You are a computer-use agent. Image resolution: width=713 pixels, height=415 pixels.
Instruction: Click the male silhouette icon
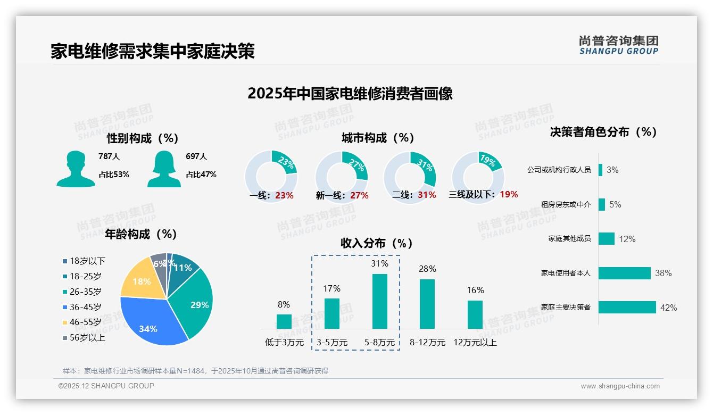[76, 169]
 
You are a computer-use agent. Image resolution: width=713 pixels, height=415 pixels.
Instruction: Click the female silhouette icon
[164, 169]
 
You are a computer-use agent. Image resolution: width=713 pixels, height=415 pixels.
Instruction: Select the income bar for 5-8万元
[379, 301]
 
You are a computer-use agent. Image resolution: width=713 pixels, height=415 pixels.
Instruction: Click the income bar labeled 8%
[284, 321]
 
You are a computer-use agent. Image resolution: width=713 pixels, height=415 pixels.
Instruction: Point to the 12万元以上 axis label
[475, 343]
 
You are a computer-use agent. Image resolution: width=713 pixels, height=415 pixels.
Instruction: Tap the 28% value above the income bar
[427, 269]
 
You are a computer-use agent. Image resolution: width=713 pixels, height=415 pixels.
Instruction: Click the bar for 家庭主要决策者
[627, 307]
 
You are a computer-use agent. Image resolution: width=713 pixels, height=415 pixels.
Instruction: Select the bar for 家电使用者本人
[624, 273]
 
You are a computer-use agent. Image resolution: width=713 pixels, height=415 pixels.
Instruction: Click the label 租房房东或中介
[565, 204]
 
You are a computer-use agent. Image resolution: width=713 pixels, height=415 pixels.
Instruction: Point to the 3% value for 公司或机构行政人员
[612, 170]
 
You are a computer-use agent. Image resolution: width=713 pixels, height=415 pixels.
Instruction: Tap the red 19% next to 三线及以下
[509, 195]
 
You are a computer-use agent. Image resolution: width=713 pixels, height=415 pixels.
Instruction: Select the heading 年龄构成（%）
[141, 234]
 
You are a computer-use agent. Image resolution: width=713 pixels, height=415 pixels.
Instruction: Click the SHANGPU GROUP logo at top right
[618, 45]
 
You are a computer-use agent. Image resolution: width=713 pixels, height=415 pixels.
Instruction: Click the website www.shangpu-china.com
[620, 386]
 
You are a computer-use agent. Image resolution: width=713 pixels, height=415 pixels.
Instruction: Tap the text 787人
[109, 156]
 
